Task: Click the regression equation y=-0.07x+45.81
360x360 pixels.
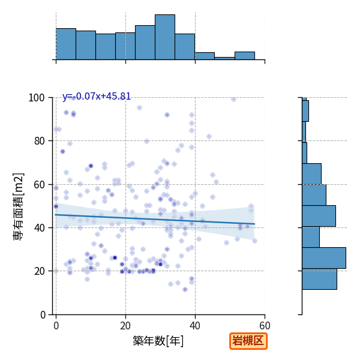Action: [x=97, y=97]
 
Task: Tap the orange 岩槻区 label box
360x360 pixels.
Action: [x=248, y=341]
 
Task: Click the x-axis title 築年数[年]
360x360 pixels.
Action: [x=158, y=341]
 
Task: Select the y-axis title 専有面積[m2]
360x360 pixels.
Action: [x=19, y=206]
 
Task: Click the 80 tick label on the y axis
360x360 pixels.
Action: [x=39, y=141]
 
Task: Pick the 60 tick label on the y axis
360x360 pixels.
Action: [x=39, y=185]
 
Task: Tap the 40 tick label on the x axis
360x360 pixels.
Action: [x=195, y=326]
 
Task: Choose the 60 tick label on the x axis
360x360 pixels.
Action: [x=265, y=326]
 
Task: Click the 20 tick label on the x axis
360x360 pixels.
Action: [x=125, y=326]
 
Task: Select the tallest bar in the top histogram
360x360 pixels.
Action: [x=165, y=37]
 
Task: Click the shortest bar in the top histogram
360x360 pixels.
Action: [x=224, y=59]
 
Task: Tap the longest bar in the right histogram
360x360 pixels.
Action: [x=324, y=258]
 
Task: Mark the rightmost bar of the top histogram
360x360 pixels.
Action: [x=245, y=56]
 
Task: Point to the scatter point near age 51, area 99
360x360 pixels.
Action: [x=233, y=99]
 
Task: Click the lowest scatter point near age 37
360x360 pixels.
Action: [x=185, y=290]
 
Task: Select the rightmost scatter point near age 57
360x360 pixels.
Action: [x=254, y=241]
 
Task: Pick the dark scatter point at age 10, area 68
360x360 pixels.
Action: [x=91, y=166]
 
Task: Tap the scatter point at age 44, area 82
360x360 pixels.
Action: [x=209, y=137]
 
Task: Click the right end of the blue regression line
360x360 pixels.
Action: [x=254, y=224]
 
